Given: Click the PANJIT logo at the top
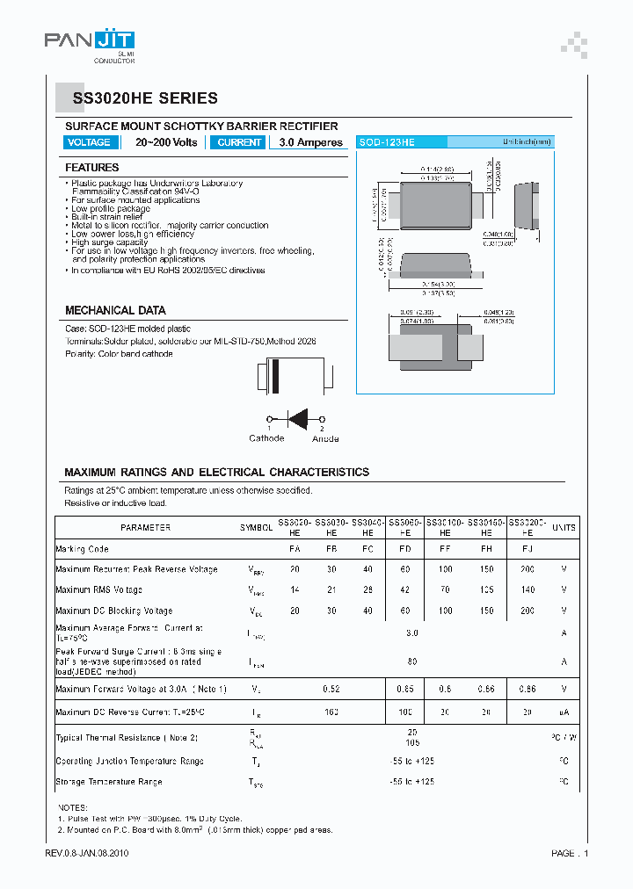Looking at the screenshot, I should (x=90, y=42).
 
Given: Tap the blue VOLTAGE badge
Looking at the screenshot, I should (x=89, y=142).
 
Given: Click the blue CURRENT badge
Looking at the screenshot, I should (x=239, y=142).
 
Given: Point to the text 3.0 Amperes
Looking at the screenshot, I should (x=310, y=142).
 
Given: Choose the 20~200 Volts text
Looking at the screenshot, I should (x=166, y=142).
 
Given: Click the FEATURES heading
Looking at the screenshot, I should (x=92, y=167).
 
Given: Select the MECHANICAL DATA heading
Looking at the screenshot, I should (x=115, y=310).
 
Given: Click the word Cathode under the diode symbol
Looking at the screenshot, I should (x=266, y=437).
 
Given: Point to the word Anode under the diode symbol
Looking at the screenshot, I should (x=324, y=437).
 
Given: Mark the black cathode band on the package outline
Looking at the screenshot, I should (x=274, y=377).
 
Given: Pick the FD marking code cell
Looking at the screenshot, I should (x=404, y=549).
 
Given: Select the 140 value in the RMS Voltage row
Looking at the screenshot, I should (x=527, y=590).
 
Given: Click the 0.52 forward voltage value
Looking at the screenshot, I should (x=331, y=689).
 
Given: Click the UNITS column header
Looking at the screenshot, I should (x=564, y=528).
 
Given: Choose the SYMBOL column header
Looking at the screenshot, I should (x=257, y=528).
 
